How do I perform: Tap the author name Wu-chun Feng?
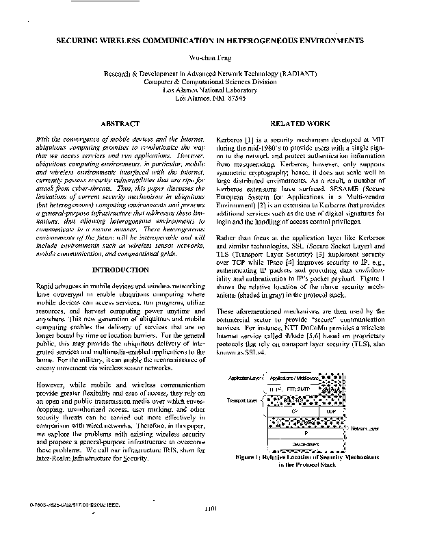[210, 58]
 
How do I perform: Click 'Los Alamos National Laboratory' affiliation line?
[210, 90]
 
